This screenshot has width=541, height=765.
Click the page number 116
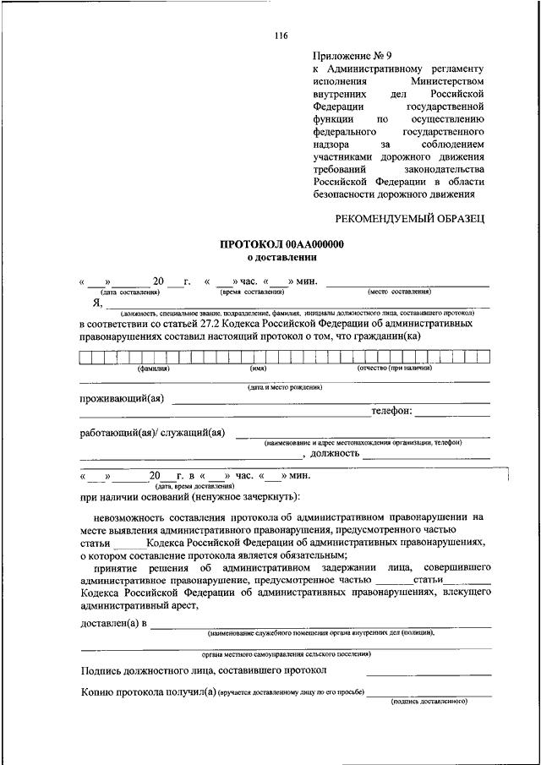tap(281, 35)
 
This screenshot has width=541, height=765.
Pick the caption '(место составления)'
tap(399, 292)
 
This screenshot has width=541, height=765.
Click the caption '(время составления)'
tap(253, 292)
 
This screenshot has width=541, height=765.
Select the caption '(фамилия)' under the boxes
tap(155, 368)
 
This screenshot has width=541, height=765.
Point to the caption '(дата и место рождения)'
tap(284, 387)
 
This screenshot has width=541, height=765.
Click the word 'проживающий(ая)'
tap(122, 399)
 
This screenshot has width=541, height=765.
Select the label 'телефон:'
tap(391, 412)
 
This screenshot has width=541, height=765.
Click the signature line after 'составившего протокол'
tap(429, 673)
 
